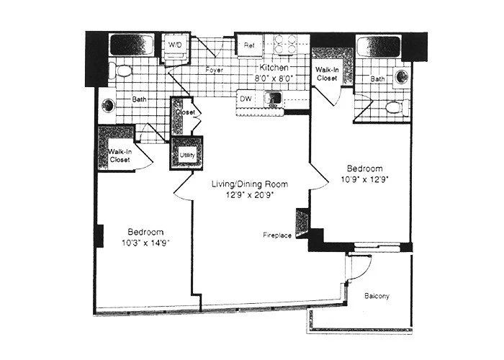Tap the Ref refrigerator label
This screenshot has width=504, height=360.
coord(250,45)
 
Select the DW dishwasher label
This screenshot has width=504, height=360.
coord(246,96)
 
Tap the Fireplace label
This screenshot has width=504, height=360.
coord(276,235)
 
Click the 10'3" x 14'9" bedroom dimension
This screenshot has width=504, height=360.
coord(146,241)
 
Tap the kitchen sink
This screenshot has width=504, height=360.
coord(274,97)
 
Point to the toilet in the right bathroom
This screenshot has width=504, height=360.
coord(393,108)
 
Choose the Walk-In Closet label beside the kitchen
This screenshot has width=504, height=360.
coord(327,73)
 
